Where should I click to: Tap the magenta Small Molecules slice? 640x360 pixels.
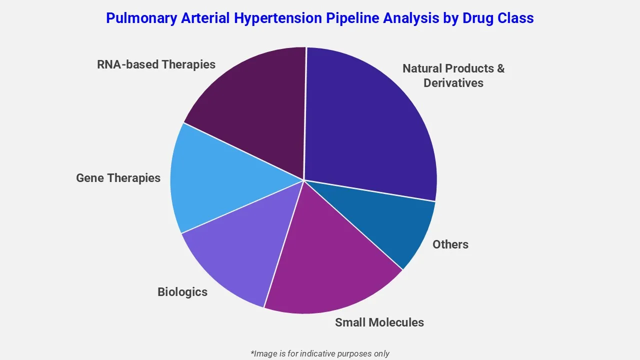(330, 265)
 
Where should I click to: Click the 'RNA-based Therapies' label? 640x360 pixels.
(156, 64)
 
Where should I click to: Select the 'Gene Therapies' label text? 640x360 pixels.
(118, 178)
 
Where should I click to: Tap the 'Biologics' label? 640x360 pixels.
(182, 292)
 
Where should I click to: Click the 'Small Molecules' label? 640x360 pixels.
(379, 322)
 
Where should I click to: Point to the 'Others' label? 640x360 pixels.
(450, 244)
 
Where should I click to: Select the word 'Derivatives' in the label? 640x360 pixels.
(453, 83)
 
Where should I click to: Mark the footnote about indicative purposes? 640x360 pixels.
(320, 353)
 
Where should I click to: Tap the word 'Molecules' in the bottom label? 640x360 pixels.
(398, 322)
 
